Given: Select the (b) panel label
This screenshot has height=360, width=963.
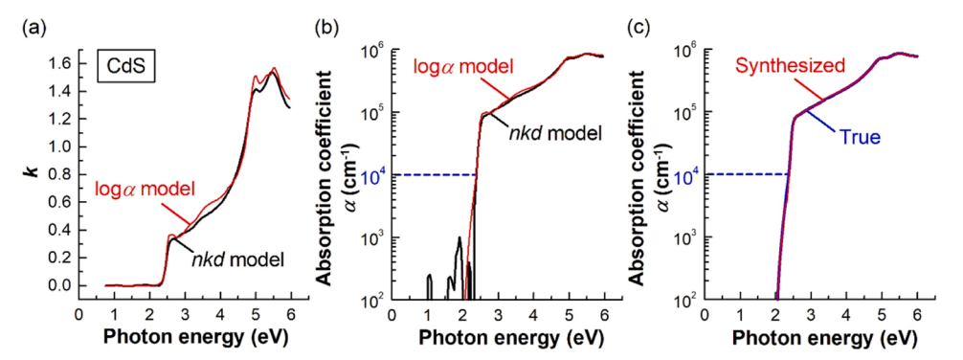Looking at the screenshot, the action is pyautogui.click(x=325, y=28).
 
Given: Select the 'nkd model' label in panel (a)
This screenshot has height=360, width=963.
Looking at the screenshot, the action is pyautogui.click(x=239, y=260).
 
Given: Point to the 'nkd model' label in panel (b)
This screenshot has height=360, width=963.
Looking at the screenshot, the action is pyautogui.click(x=554, y=131).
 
